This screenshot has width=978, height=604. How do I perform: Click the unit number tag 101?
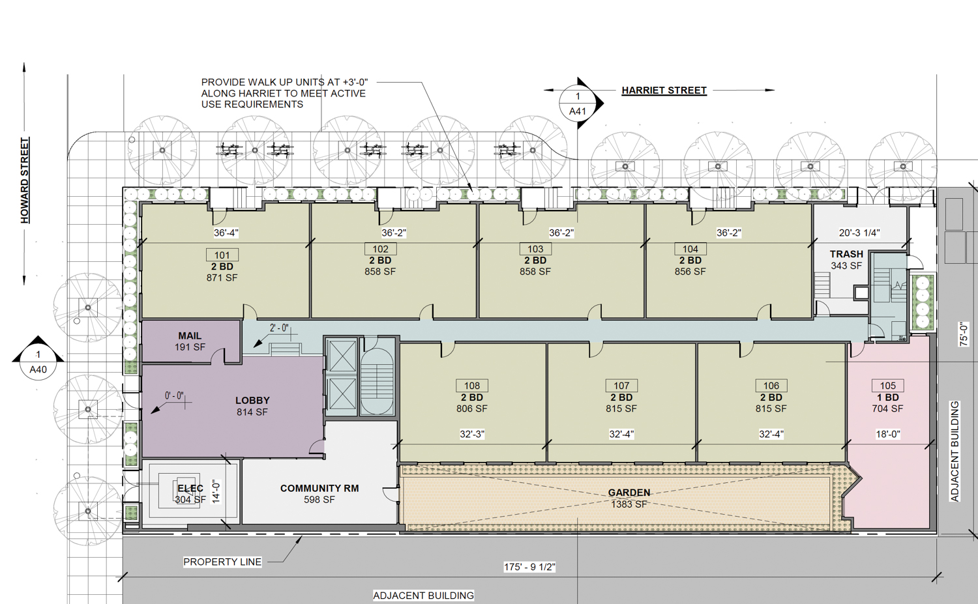tap(222, 255)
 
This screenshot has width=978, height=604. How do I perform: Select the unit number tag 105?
tap(887, 385)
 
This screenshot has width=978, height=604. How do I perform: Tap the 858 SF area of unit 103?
tap(535, 272)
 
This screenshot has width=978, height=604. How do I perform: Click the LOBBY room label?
tap(252, 401)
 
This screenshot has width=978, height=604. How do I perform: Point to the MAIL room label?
tap(190, 336)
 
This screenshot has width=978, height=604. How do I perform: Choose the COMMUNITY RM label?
tap(319, 488)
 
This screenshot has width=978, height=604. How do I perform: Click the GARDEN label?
tap(629, 493)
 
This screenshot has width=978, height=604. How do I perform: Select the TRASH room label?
tap(846, 254)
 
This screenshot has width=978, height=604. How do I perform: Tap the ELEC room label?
tap(190, 488)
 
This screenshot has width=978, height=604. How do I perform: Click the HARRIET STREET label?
tap(664, 91)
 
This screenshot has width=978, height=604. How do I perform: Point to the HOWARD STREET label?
tap(25, 180)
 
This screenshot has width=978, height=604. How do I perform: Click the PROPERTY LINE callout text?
tap(222, 562)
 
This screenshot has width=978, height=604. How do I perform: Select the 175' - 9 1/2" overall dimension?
tap(529, 567)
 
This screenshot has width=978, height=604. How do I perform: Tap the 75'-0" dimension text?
tap(964, 334)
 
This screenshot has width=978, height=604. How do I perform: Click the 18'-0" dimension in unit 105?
tap(887, 434)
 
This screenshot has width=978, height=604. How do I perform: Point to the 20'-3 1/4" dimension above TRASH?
tap(859, 233)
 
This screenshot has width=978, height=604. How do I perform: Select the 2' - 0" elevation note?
tap(279, 328)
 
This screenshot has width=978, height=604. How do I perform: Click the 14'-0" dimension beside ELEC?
tap(216, 492)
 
